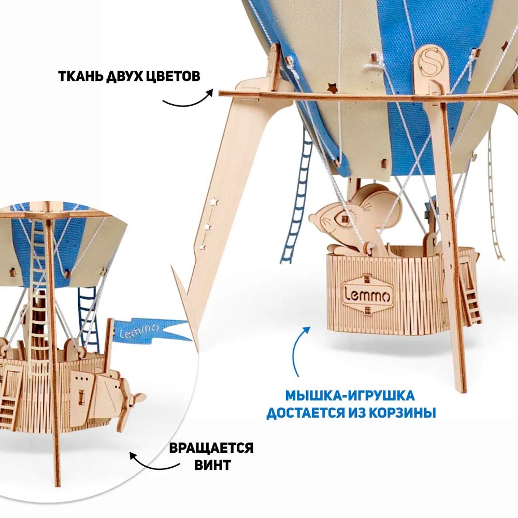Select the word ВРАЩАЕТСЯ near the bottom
pyautogui.click(x=211, y=448)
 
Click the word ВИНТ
pyautogui.click(x=212, y=465)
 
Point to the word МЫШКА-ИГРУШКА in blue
pyautogui.click(x=350, y=395)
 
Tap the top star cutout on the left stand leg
pyautogui.click(x=214, y=201)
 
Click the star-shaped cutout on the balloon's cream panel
pyautogui.click(x=332, y=88)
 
